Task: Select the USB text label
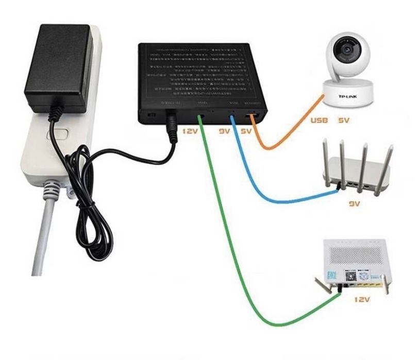[x=319, y=122]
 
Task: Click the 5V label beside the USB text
[x=344, y=122]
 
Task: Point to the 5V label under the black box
[x=246, y=132]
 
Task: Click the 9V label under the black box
[x=224, y=132]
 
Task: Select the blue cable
[x=268, y=198]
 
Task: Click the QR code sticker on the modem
[x=332, y=273]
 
